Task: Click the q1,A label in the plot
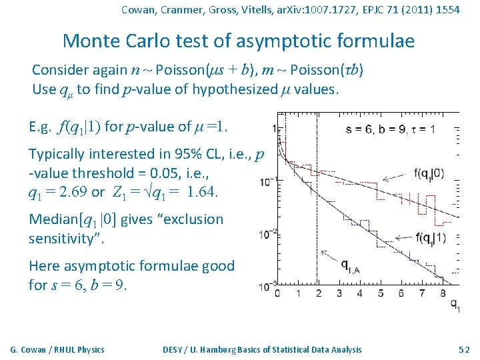click(353, 267)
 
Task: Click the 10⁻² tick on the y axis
click(269, 233)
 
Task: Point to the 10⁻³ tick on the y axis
click(269, 287)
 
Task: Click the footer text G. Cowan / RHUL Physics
click(57, 349)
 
